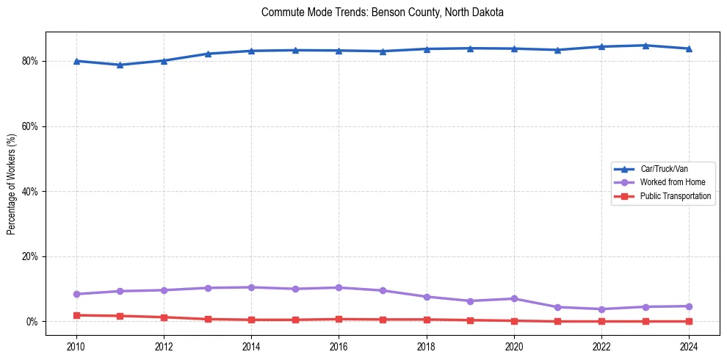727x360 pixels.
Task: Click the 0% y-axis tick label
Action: coord(32,322)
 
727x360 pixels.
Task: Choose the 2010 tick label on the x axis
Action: coord(76,345)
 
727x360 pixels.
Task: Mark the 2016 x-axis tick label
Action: coord(339,345)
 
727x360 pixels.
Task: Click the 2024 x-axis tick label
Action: coord(689,345)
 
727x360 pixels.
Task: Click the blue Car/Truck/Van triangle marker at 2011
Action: coord(120,65)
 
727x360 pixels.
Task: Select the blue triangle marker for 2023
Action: coord(645,46)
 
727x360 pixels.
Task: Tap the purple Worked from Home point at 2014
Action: coord(251,287)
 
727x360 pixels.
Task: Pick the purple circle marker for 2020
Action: coord(514,298)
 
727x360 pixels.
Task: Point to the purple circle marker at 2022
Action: coord(601,309)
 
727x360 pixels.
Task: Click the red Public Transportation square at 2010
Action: coord(76,315)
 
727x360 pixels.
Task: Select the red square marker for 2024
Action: coord(689,321)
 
